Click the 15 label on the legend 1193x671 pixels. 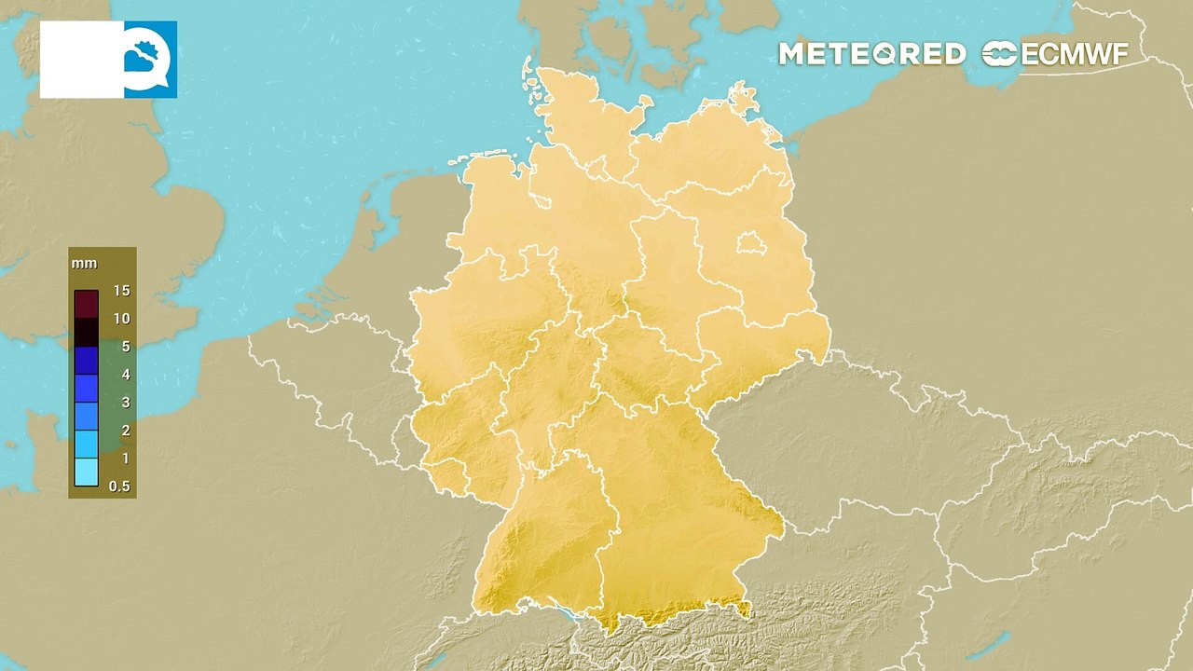click(x=122, y=291)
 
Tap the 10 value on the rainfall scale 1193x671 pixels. click(x=122, y=319)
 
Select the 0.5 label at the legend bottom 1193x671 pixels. click(x=119, y=486)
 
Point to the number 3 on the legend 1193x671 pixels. click(x=126, y=403)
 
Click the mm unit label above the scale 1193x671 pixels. click(x=84, y=264)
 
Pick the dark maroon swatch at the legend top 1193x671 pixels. click(x=87, y=304)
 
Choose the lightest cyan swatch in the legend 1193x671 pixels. click(x=87, y=472)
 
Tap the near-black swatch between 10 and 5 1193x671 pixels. click(x=87, y=333)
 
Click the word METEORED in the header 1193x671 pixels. click(x=871, y=54)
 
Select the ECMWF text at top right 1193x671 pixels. click(x=1075, y=54)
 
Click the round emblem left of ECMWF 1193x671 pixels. click(x=1000, y=54)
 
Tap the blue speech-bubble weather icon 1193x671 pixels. click(x=150, y=60)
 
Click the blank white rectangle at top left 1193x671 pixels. click(x=82, y=60)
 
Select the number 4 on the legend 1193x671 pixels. click(x=126, y=375)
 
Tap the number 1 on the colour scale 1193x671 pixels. click(x=126, y=459)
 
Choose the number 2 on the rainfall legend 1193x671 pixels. click(x=126, y=431)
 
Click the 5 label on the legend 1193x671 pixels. click(x=126, y=347)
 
